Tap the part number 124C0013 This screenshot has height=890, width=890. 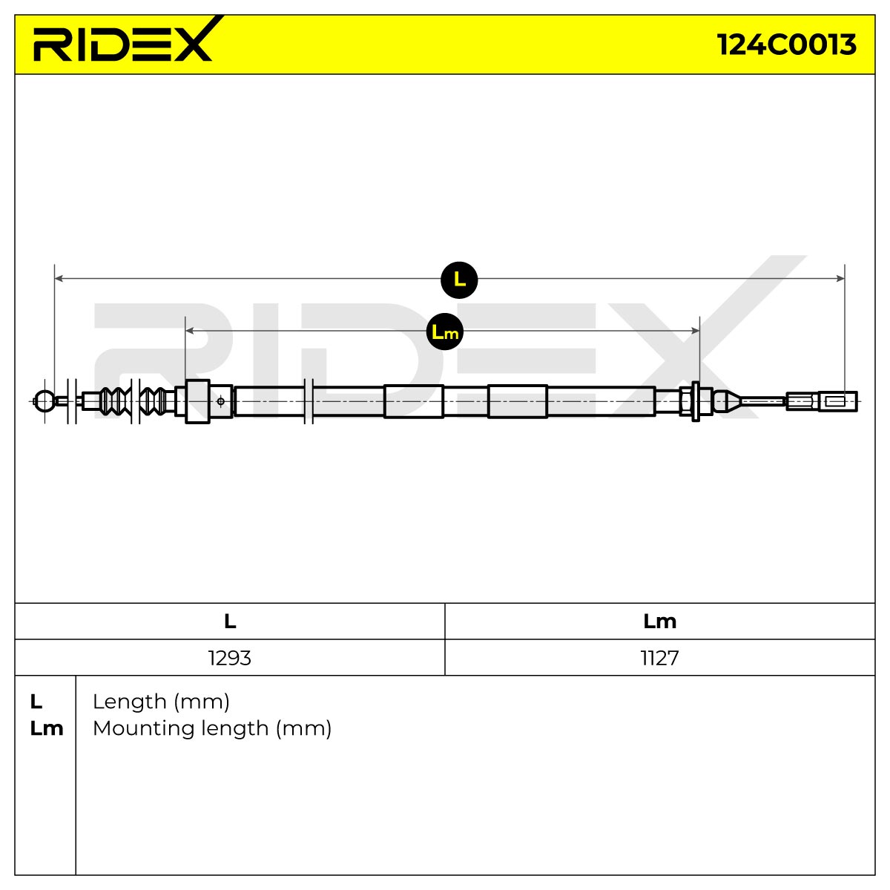[787, 44]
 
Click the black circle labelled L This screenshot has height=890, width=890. [459, 280]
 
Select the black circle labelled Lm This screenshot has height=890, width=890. [445, 332]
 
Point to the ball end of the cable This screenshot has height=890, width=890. [44, 401]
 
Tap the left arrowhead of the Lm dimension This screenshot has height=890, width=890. [189, 330]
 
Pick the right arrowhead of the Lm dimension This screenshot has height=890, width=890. [695, 330]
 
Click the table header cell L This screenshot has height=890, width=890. [230, 622]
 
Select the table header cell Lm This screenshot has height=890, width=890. [659, 622]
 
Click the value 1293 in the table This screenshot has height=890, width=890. [229, 658]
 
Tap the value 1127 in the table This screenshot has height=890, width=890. [659, 658]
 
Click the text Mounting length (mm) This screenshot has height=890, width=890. [212, 729]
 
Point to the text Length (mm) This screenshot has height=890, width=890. [161, 702]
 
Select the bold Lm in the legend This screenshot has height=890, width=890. [47, 728]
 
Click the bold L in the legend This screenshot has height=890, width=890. [36, 702]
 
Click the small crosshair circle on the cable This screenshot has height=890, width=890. [221, 401]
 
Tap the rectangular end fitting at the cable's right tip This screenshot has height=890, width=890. [838, 401]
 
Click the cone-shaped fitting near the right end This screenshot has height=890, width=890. [728, 401]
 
